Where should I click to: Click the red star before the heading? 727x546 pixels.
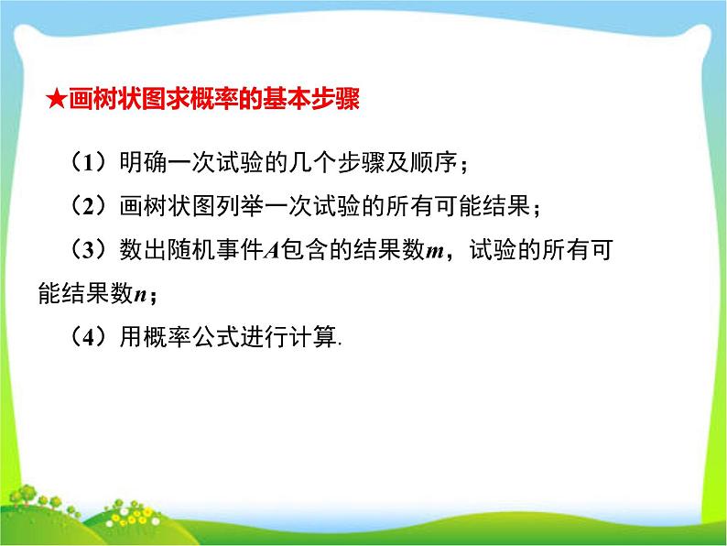(x=56, y=99)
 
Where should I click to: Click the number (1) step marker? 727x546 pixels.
(x=88, y=162)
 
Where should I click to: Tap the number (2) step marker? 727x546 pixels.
(x=88, y=206)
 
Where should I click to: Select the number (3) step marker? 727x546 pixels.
(x=88, y=249)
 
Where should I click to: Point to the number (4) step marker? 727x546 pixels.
(x=88, y=337)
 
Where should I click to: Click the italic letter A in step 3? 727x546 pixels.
(x=272, y=250)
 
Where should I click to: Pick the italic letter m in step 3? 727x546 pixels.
(x=435, y=252)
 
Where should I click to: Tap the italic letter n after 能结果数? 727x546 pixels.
(x=140, y=295)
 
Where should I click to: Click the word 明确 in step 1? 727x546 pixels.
(x=143, y=162)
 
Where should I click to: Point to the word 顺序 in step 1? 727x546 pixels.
(x=433, y=162)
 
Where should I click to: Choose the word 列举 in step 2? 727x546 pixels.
(x=240, y=206)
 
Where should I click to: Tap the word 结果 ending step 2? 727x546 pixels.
(x=505, y=206)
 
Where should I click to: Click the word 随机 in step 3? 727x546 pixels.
(x=191, y=249)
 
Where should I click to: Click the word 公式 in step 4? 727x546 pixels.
(x=215, y=337)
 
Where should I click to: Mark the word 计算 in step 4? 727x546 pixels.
(x=312, y=337)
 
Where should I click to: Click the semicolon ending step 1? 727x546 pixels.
(x=463, y=166)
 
